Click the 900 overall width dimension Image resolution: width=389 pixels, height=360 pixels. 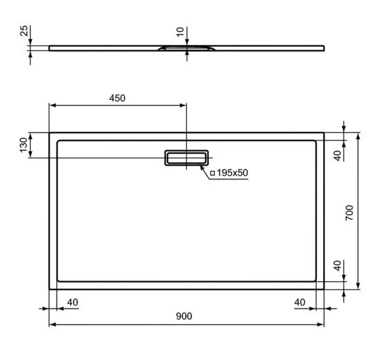[x=184, y=317]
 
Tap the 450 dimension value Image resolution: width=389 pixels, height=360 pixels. [x=117, y=98]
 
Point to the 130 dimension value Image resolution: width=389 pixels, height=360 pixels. [x=23, y=145]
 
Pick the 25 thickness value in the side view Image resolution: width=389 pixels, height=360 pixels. [x=23, y=33]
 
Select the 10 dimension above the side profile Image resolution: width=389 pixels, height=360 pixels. [x=179, y=33]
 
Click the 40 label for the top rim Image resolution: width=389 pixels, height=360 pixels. [x=337, y=155]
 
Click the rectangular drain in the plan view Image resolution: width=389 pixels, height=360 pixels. [x=186, y=158]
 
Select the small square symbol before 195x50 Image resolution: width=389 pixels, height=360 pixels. [x=212, y=174]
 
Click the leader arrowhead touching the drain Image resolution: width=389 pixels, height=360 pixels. [x=202, y=164]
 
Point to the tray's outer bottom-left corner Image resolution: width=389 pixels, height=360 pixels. [x=50, y=289]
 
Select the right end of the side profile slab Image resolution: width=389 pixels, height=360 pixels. [x=323, y=48]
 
